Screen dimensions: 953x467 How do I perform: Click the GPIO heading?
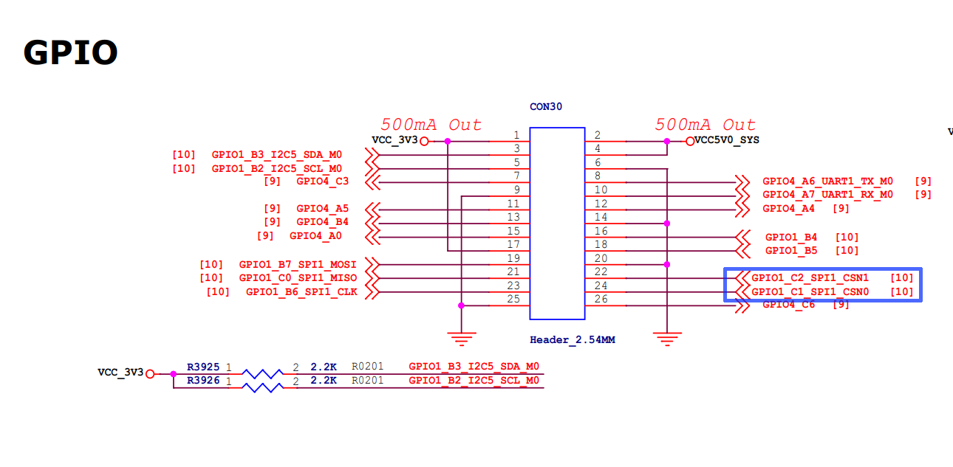[71, 52]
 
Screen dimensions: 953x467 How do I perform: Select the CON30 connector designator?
[546, 107]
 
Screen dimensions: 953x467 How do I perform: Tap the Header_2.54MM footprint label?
[573, 339]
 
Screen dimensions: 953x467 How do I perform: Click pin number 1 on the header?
[516, 135]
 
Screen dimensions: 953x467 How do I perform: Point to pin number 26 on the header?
[601, 299]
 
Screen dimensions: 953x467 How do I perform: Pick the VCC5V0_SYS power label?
[727, 140]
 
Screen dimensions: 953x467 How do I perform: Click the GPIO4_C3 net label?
[323, 181]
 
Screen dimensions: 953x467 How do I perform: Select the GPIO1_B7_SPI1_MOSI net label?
[298, 265]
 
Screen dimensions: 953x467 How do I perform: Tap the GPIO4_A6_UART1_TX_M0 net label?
[827, 181]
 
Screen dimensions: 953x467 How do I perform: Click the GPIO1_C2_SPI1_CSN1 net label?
[810, 278]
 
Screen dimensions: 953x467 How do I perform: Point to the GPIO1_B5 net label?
[791, 251]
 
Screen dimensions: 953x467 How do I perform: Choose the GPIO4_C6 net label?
[789, 305]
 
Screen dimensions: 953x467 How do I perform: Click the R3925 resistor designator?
[203, 367]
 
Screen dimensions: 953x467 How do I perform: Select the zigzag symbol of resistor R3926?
[262, 387]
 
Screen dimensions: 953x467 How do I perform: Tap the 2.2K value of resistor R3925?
[324, 367]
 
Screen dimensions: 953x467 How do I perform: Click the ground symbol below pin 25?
[462, 339]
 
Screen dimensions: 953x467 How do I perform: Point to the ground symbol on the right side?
[667, 339]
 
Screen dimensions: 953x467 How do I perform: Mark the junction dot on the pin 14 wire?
[667, 224]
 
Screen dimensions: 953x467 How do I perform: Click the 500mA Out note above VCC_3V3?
[431, 125]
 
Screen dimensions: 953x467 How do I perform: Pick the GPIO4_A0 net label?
[315, 236]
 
